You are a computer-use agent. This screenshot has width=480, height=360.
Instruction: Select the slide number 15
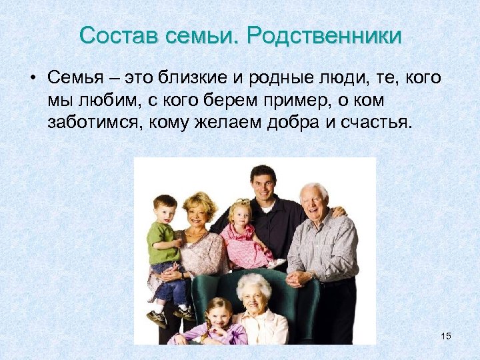[446, 336]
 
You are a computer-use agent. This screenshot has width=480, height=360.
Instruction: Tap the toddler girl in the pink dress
[241, 233]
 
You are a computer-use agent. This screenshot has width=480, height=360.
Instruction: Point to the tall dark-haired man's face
[263, 183]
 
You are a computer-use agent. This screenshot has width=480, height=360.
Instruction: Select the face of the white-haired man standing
[313, 200]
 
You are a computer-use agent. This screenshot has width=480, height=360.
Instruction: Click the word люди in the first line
[344, 78]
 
